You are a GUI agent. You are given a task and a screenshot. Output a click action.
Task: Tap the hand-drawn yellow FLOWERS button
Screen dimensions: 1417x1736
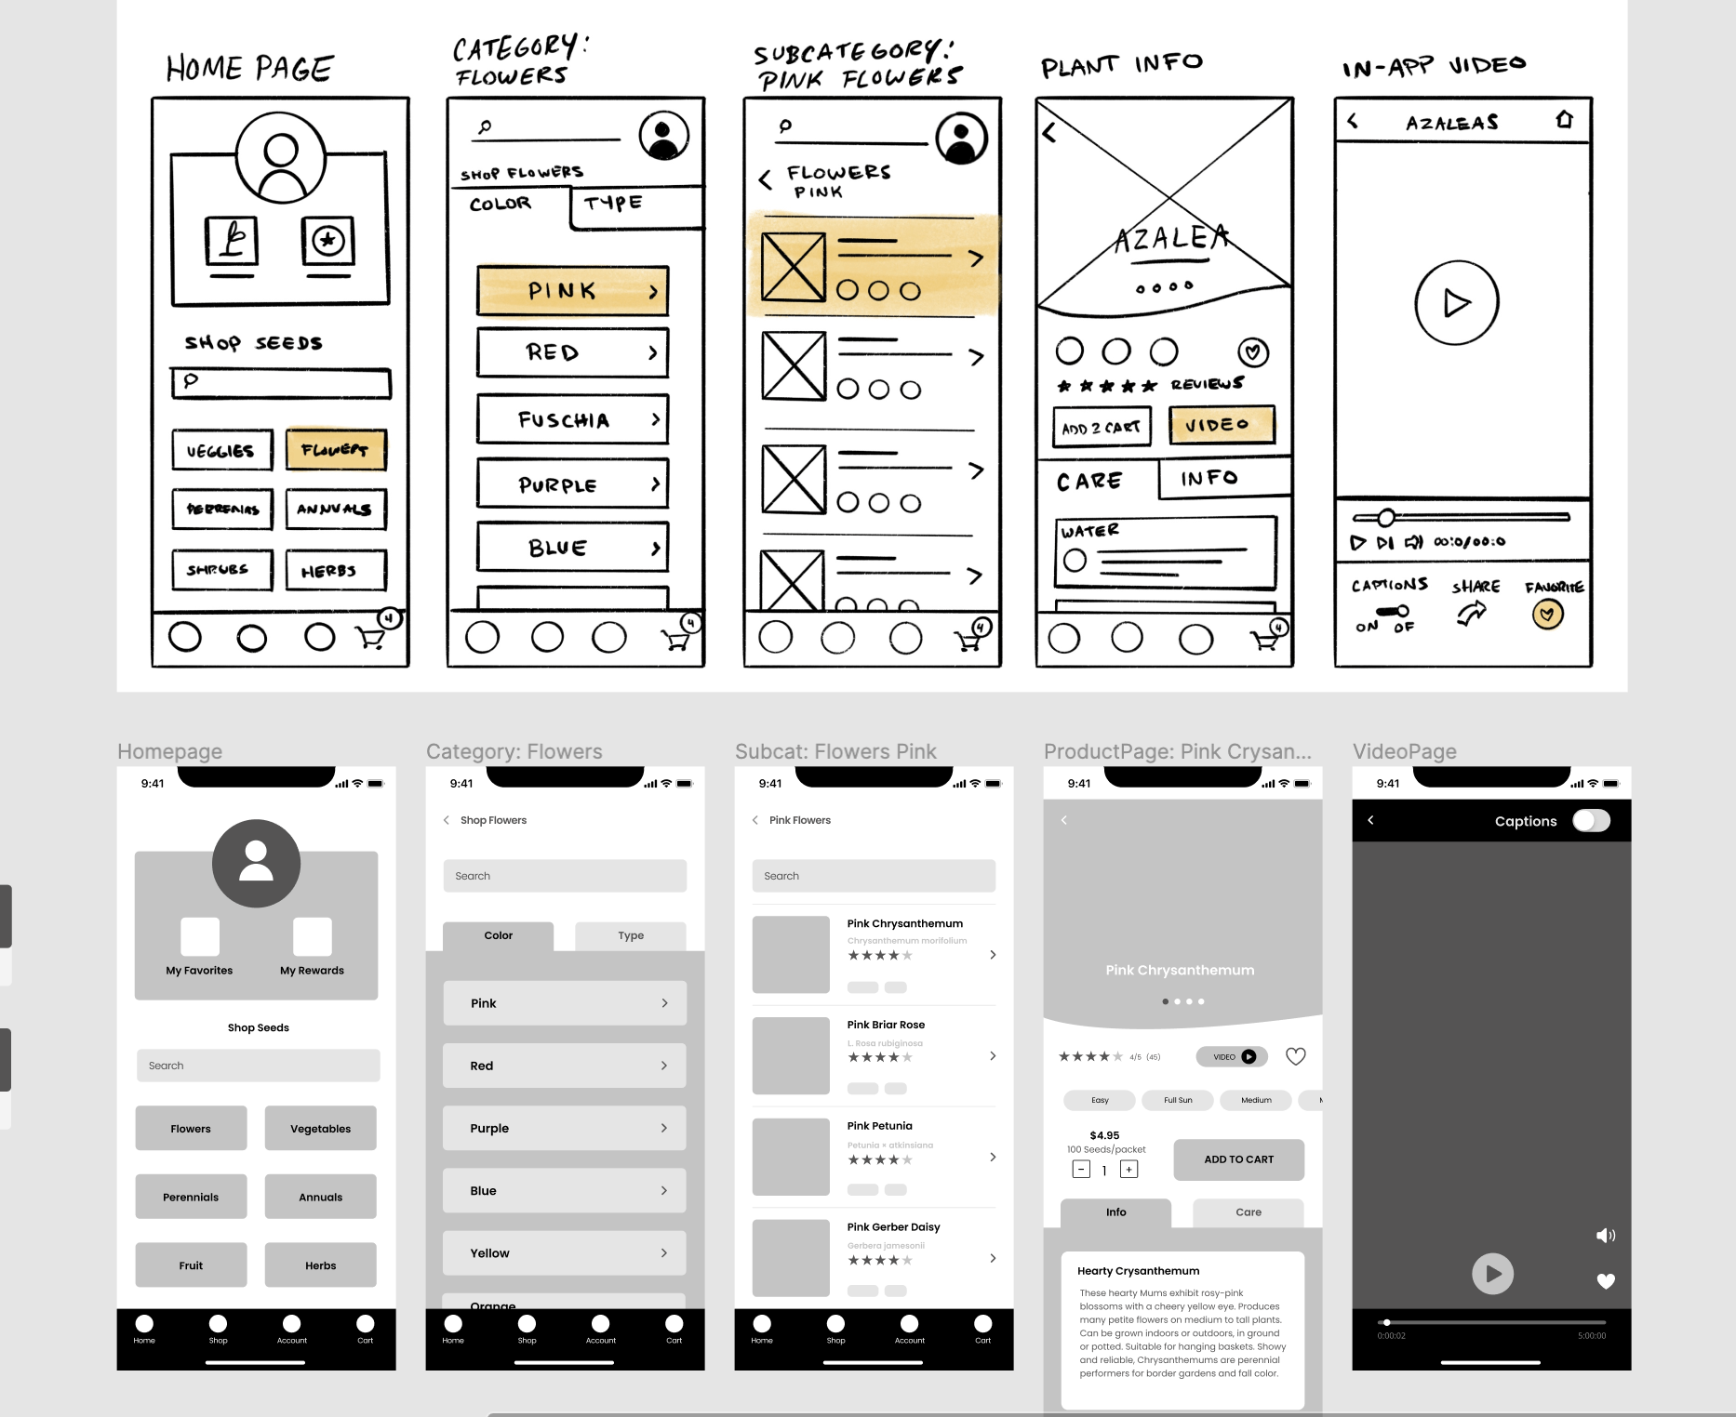(335, 450)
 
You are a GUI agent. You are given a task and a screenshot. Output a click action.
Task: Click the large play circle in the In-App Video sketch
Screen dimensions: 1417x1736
(1456, 303)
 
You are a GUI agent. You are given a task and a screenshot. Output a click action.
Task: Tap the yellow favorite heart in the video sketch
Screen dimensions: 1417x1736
(1547, 615)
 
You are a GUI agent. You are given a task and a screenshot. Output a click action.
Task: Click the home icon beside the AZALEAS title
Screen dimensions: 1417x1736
(1565, 120)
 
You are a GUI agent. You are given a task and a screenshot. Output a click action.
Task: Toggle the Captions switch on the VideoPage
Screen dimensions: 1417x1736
(1591, 820)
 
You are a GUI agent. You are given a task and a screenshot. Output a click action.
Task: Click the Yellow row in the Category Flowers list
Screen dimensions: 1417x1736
(565, 1253)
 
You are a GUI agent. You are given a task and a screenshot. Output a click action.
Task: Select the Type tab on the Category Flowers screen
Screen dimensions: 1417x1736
(631, 935)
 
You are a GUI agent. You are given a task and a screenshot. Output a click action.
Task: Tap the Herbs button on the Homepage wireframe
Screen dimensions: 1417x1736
(320, 1265)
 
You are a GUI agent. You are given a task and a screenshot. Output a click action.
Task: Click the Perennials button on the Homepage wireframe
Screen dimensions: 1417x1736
(191, 1197)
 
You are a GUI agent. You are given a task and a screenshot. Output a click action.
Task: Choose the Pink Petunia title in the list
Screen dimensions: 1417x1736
(879, 1126)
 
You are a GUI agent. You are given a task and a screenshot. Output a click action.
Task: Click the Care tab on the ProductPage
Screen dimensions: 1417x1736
(1248, 1212)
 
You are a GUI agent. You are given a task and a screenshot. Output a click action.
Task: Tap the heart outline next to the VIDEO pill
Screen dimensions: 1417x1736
(1295, 1056)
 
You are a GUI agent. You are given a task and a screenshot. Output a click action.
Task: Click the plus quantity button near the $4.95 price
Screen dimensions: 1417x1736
(1128, 1170)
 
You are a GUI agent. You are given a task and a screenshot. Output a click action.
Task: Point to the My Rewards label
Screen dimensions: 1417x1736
(312, 971)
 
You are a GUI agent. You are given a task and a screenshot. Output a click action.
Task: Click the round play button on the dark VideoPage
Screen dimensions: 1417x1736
(1492, 1274)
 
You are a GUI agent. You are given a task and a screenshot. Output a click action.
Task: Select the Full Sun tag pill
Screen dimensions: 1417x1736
(1178, 1100)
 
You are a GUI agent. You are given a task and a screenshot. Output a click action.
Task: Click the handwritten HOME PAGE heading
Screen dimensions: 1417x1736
(249, 69)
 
